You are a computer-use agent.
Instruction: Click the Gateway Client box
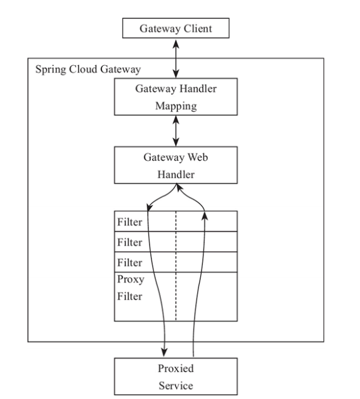tap(176, 28)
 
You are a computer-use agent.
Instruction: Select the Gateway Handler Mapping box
tap(176, 97)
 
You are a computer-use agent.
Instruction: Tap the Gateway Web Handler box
tap(176, 165)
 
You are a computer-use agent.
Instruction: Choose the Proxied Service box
tap(176, 377)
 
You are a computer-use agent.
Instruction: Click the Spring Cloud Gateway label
tap(88, 70)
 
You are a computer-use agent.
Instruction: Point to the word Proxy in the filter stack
tap(131, 280)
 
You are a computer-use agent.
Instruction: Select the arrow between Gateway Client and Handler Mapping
tap(176, 58)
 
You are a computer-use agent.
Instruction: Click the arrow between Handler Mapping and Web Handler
tap(176, 131)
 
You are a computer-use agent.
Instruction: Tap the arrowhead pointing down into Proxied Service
tap(164, 352)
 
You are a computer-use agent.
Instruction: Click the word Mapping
tap(176, 106)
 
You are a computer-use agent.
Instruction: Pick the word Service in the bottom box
tap(176, 386)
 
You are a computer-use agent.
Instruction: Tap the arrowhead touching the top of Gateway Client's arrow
tap(176, 44)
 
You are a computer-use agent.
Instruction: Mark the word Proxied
tap(176, 368)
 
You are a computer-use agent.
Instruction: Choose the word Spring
tap(51, 70)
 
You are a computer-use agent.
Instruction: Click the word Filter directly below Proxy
tap(129, 296)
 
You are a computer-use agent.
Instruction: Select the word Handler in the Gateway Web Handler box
tap(176, 175)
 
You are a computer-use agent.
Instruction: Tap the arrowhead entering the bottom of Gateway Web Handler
tap(179, 187)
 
